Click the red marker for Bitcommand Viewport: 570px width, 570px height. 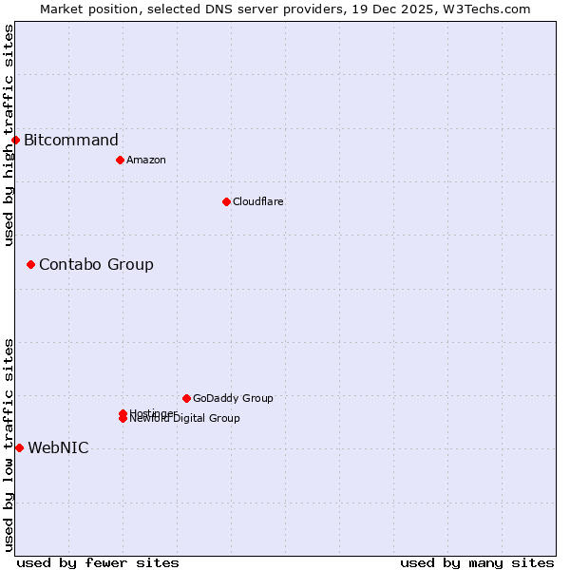[x=15, y=141]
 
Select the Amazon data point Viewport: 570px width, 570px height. [x=120, y=160]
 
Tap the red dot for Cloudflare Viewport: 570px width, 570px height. [x=226, y=201]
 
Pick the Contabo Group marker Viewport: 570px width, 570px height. [x=30, y=264]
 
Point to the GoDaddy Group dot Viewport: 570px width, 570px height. [x=186, y=398]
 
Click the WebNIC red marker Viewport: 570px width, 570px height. [x=19, y=447]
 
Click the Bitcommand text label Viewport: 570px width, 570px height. [x=71, y=141]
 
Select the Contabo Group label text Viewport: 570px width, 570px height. [x=96, y=264]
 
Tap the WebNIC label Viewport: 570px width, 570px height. [x=58, y=448]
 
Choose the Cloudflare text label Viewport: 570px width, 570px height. [x=257, y=201]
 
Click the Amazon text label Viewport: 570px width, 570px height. [x=145, y=160]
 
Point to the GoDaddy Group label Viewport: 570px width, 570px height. [x=232, y=398]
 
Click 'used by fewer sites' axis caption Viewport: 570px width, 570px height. [x=98, y=562]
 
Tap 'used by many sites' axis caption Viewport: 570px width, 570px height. [x=477, y=562]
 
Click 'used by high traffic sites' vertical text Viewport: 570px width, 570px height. [x=9, y=135]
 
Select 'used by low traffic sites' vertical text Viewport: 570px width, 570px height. [x=9, y=445]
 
